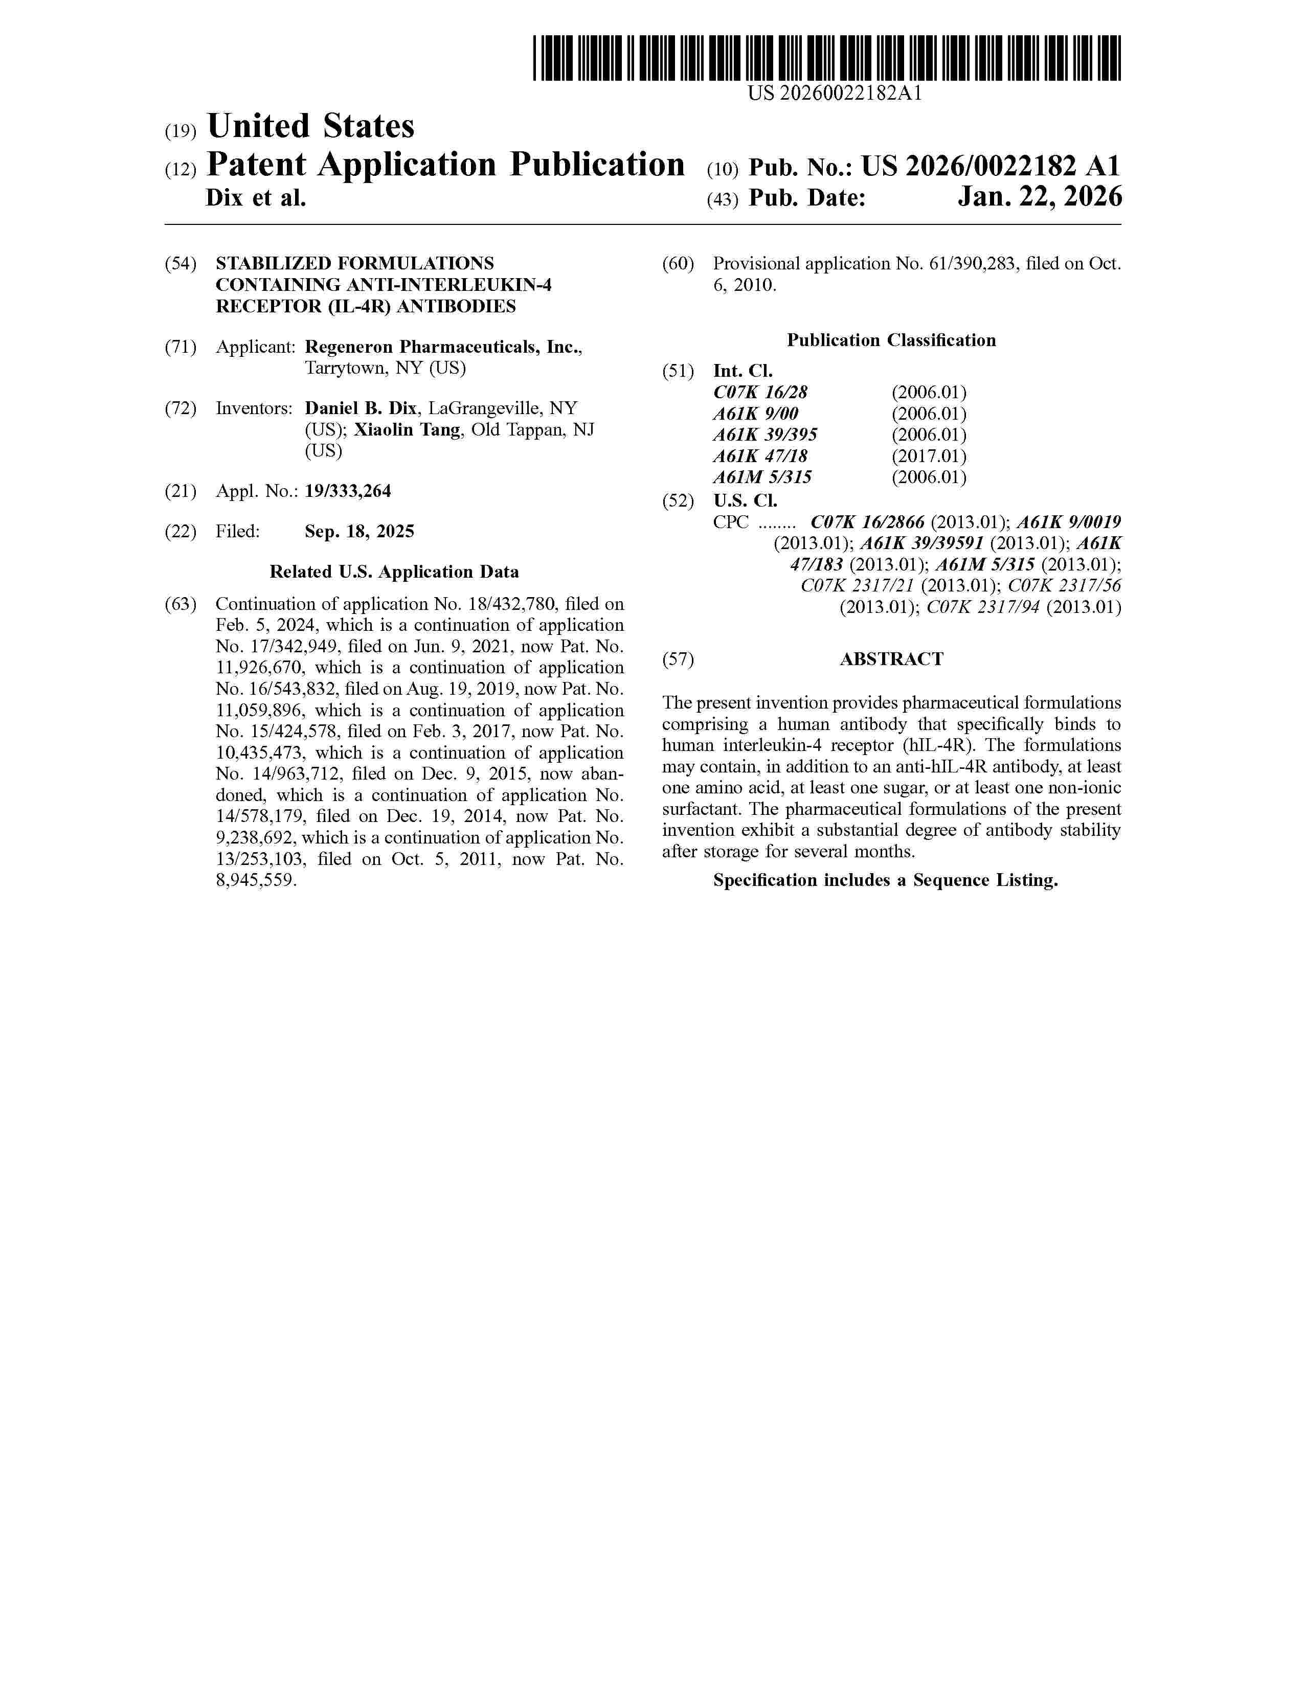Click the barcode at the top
coord(826,58)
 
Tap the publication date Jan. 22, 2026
coord(1039,198)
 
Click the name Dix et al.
coord(256,198)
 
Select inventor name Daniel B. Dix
coord(361,408)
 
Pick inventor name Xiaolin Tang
coord(407,429)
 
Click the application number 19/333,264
coord(348,490)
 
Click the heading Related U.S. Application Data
coord(394,572)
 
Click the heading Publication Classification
coord(891,340)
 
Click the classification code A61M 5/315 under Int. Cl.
coord(762,477)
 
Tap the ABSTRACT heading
coord(891,659)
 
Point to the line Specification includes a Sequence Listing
coord(885,881)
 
